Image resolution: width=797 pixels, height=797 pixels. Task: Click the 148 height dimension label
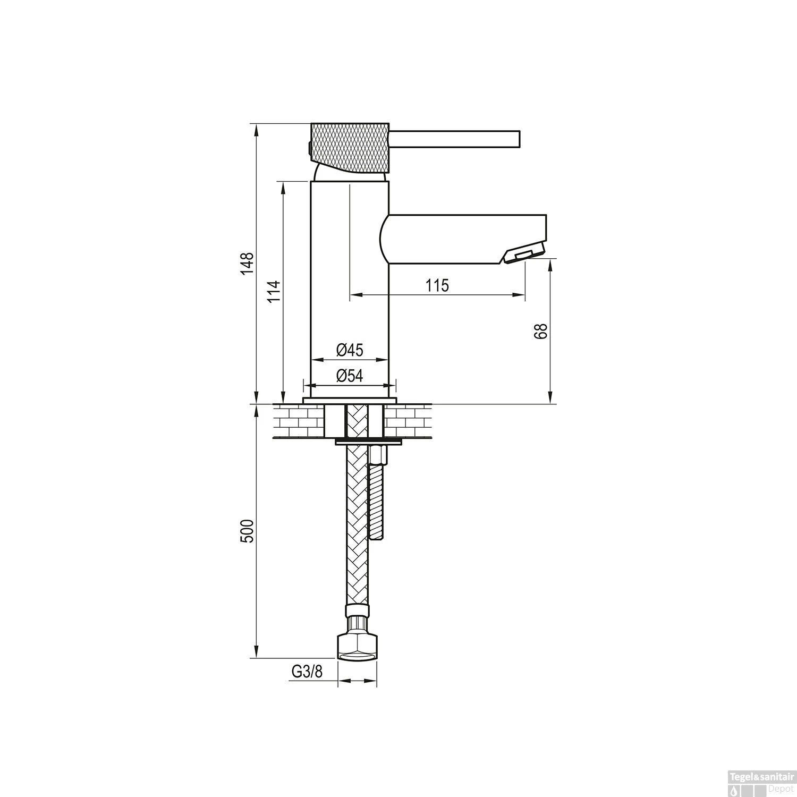point(248,264)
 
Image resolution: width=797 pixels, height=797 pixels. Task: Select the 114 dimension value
point(274,291)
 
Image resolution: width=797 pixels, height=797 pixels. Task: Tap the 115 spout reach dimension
point(437,285)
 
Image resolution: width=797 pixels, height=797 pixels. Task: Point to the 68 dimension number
point(541,330)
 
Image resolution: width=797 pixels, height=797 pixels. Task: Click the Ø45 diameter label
point(350,350)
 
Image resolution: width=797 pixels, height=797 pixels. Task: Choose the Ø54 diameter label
point(350,376)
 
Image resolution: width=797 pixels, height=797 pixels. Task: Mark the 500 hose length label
point(248,531)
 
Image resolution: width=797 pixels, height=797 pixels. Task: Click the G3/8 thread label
point(307,672)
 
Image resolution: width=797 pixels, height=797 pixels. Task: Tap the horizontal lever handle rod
point(455,138)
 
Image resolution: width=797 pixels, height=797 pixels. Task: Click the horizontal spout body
point(462,238)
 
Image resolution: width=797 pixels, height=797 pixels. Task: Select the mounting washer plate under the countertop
point(368,442)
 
